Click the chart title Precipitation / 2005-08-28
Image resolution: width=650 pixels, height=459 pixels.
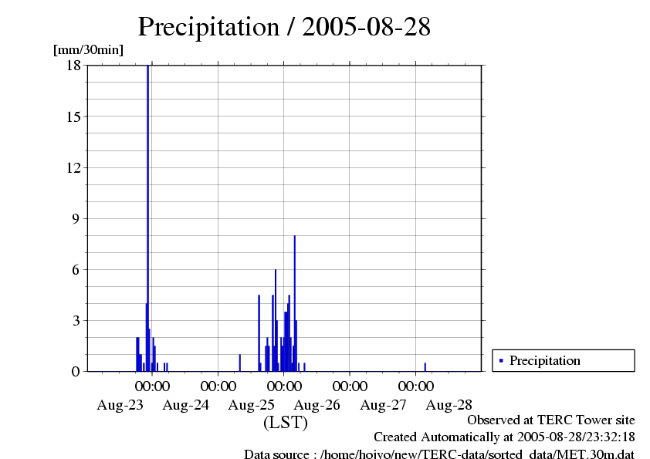click(283, 27)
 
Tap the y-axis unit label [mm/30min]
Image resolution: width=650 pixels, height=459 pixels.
click(88, 50)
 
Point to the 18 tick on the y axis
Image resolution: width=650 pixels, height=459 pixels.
click(74, 66)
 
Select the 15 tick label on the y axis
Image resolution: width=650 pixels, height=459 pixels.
click(74, 116)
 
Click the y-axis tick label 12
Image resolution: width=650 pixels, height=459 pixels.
click(74, 167)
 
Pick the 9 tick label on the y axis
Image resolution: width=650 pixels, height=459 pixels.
click(76, 218)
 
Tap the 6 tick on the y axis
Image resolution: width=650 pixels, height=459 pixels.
click(76, 269)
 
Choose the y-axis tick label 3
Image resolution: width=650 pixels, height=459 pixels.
click(76, 320)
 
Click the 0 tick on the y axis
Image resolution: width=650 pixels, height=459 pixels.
click(76, 371)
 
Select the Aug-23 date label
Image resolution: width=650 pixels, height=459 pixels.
click(120, 404)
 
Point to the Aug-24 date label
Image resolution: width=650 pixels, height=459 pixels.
click(186, 404)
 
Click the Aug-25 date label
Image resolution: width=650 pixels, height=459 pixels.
click(252, 404)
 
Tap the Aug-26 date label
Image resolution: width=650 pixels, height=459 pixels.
click(317, 404)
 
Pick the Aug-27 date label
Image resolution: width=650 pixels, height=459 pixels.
click(384, 404)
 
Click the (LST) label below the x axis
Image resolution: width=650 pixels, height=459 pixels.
click(286, 423)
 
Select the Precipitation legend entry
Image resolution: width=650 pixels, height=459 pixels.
click(545, 360)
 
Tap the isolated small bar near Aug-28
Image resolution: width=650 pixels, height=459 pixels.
click(425, 367)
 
